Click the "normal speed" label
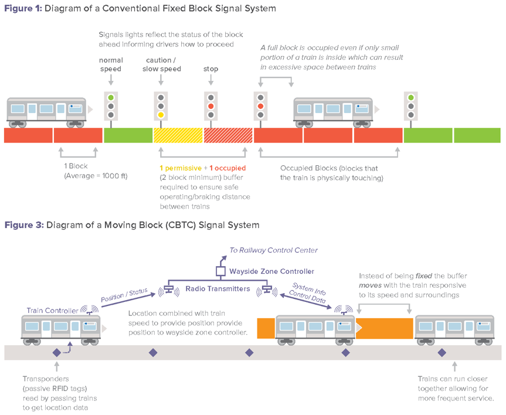point(110,64)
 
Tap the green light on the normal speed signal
point(110,97)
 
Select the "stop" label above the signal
point(210,69)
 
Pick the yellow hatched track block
point(178,135)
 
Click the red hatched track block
point(227,135)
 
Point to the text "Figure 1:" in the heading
point(23,9)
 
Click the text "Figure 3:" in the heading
point(24,225)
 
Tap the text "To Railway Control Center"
point(273,250)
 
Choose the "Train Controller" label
point(52,310)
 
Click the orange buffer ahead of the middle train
point(384,328)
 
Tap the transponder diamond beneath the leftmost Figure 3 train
point(56,353)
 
